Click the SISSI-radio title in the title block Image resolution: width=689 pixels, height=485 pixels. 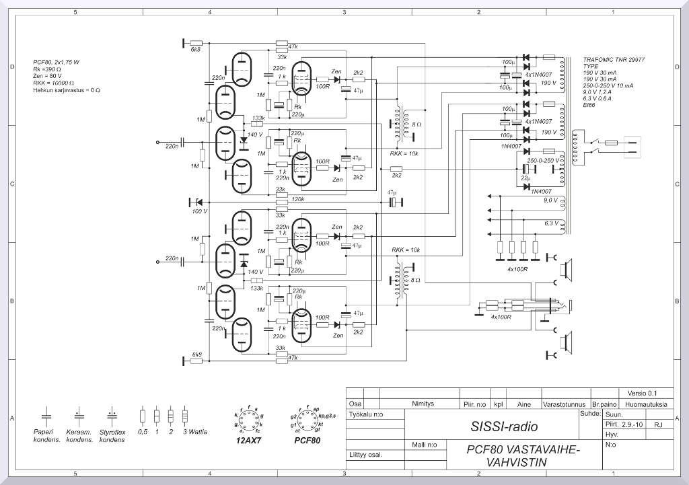(505, 426)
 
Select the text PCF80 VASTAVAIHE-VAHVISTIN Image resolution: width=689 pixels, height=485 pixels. (522, 455)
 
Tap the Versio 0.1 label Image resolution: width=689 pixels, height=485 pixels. (641, 393)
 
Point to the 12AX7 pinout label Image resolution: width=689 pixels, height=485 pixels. (248, 441)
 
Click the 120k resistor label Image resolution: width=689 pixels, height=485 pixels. (297, 199)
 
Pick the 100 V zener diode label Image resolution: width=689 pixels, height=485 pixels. (200, 211)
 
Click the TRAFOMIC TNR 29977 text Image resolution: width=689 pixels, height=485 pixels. (614, 60)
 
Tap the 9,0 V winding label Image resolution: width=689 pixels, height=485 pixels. (550, 200)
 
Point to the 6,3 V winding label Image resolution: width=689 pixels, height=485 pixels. (550, 223)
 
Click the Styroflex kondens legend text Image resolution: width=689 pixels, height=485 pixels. (112, 436)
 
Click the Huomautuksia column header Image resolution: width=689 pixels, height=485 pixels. (645, 404)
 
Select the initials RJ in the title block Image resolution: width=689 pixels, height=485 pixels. (658, 425)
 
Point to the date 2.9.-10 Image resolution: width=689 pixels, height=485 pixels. (632, 425)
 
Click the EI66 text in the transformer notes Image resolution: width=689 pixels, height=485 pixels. (590, 104)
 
